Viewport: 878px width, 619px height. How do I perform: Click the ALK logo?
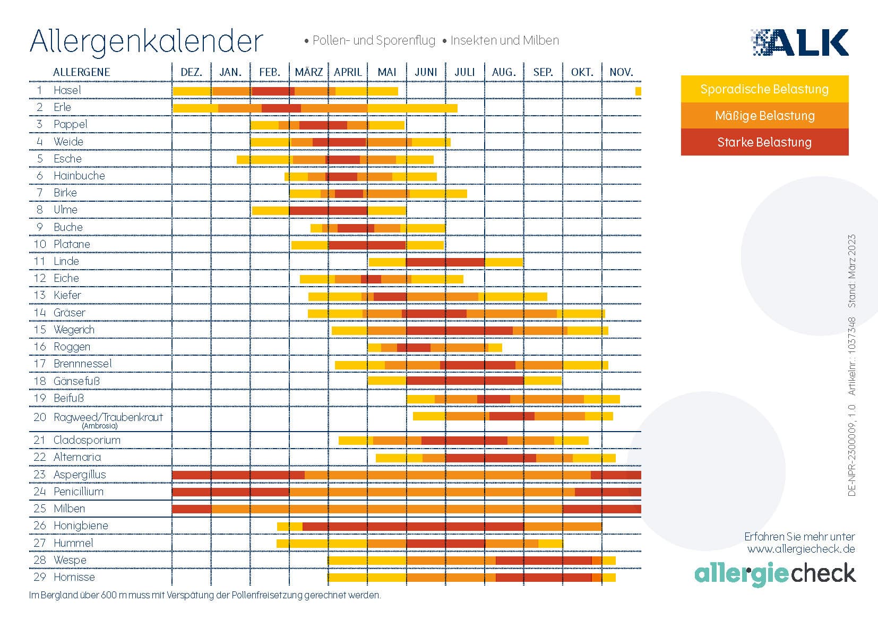(800, 42)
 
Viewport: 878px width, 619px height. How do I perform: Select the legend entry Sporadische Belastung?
(764, 89)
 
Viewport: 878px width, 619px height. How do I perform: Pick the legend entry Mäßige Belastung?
(764, 116)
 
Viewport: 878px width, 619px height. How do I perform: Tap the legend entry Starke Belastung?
(764, 142)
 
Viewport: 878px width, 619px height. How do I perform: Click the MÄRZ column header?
(308, 72)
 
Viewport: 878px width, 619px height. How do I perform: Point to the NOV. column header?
(621, 72)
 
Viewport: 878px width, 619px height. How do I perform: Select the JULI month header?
(464, 72)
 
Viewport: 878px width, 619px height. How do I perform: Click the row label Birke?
(65, 193)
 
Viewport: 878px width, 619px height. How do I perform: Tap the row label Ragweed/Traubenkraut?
(108, 417)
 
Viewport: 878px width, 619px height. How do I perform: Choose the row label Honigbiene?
(81, 526)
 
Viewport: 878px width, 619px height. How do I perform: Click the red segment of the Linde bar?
(445, 262)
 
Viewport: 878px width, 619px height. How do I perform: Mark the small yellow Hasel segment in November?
(638, 91)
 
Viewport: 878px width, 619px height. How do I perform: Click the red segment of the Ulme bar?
(328, 211)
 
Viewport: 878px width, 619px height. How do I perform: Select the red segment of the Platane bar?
(367, 245)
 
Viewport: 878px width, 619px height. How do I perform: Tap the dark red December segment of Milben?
(192, 509)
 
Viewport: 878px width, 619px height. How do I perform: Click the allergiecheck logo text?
(775, 574)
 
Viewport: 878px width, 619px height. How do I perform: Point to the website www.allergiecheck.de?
(800, 549)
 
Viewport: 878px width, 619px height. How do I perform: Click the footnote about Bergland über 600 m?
(205, 595)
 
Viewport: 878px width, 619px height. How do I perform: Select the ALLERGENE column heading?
(81, 72)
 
